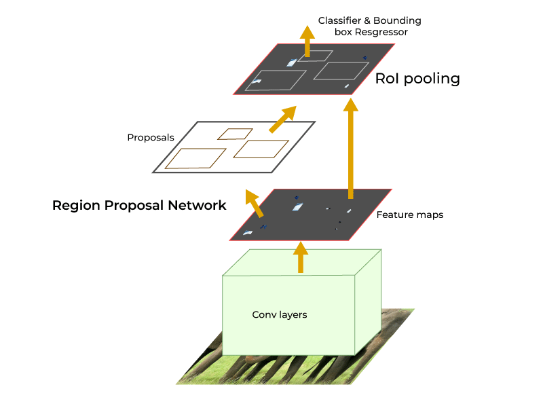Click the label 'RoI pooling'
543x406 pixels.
(417, 79)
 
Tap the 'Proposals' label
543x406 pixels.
(151, 138)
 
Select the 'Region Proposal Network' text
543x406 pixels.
(139, 205)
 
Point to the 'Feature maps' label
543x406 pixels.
(409, 215)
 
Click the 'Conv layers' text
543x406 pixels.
(279, 315)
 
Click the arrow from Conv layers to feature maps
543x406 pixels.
(300, 257)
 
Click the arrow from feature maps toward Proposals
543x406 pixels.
(254, 203)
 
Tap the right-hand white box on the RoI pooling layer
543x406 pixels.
(340, 70)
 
